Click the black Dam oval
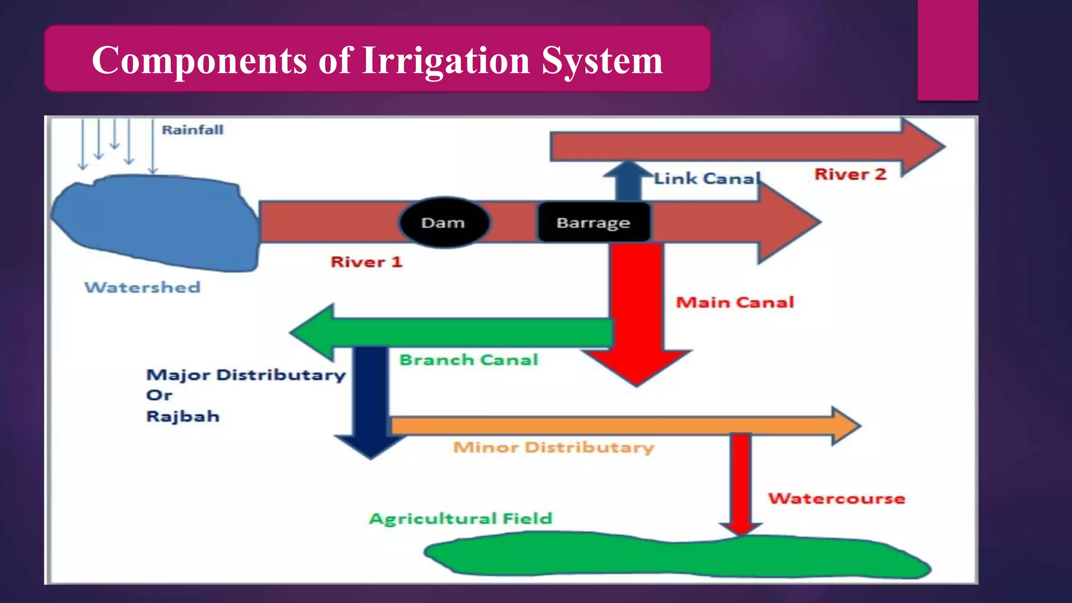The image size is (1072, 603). [444, 222]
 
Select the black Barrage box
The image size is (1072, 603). [594, 222]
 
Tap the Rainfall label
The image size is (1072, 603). [192, 130]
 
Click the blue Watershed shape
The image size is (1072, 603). [157, 222]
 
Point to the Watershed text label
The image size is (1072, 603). [142, 287]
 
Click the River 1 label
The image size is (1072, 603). [366, 262]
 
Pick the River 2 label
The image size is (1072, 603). [850, 174]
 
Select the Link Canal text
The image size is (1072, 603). [707, 178]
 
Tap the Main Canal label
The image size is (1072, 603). [735, 302]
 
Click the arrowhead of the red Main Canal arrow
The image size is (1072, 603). [636, 366]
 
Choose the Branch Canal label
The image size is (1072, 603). [468, 360]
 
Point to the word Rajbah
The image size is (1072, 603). [183, 417]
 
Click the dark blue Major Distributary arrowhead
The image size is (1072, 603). [371, 445]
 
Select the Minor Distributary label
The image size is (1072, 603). [553, 448]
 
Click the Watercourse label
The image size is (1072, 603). [836, 498]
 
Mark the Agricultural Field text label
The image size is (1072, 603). [461, 519]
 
